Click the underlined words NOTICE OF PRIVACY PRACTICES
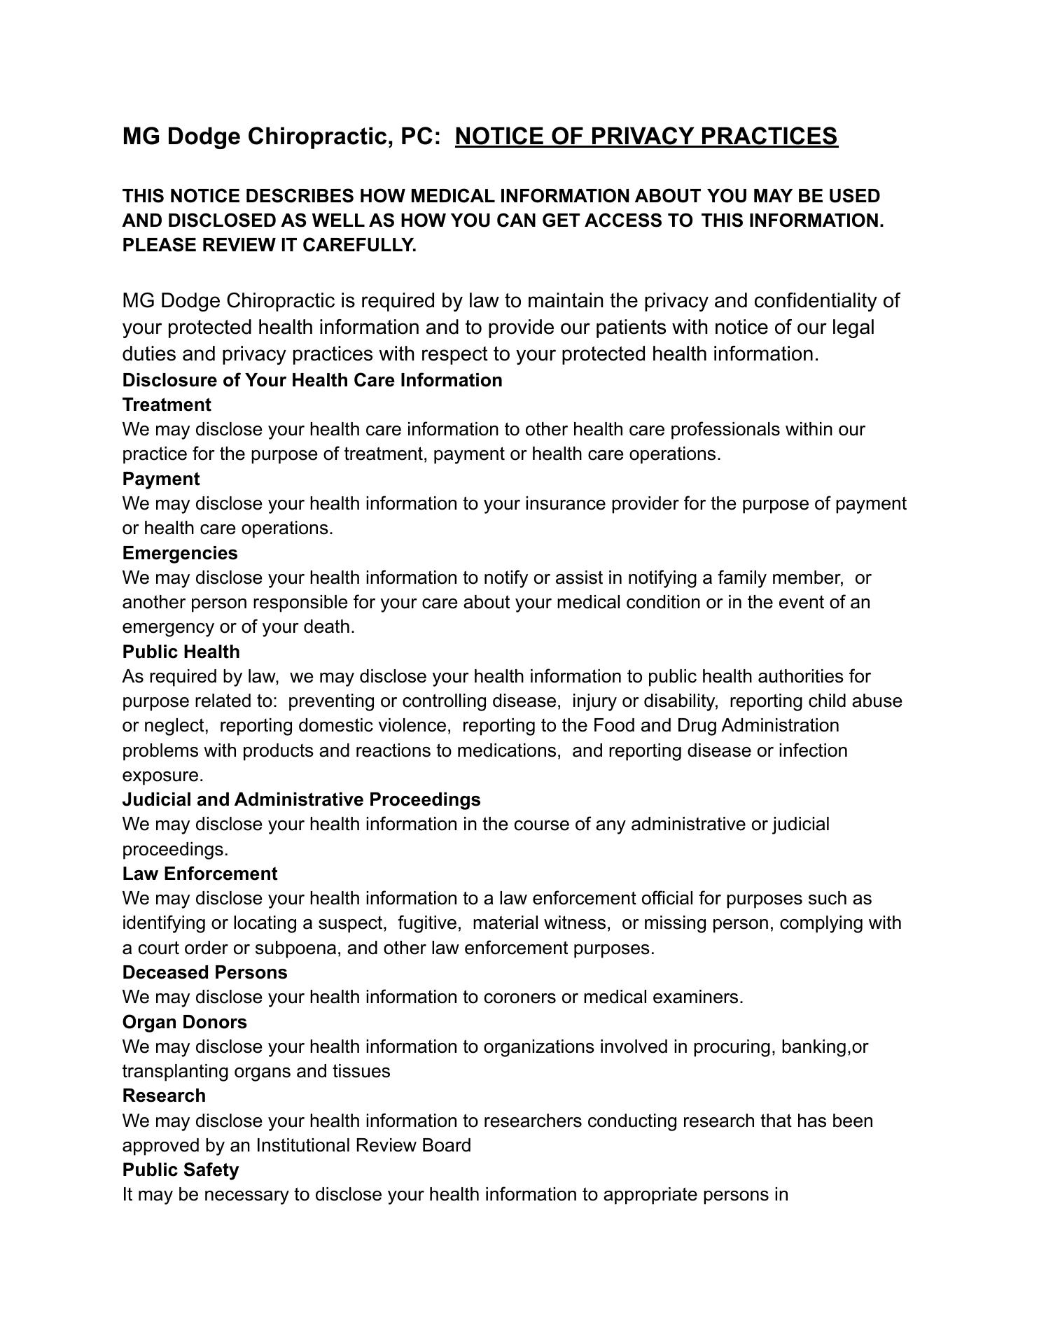tap(646, 136)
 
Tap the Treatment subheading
tap(167, 405)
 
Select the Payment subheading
tap(161, 479)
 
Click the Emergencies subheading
tap(180, 553)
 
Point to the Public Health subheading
tap(181, 652)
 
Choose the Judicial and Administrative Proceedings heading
tap(301, 799)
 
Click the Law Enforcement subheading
tap(200, 874)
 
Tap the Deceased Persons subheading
tap(204, 972)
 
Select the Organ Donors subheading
tap(184, 1022)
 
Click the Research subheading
tap(164, 1095)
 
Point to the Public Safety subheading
tap(181, 1170)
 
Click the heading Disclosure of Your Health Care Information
tap(312, 380)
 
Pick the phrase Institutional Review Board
tap(363, 1145)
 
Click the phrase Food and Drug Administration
tap(716, 725)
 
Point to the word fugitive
tap(428, 923)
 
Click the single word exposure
tap(162, 775)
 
